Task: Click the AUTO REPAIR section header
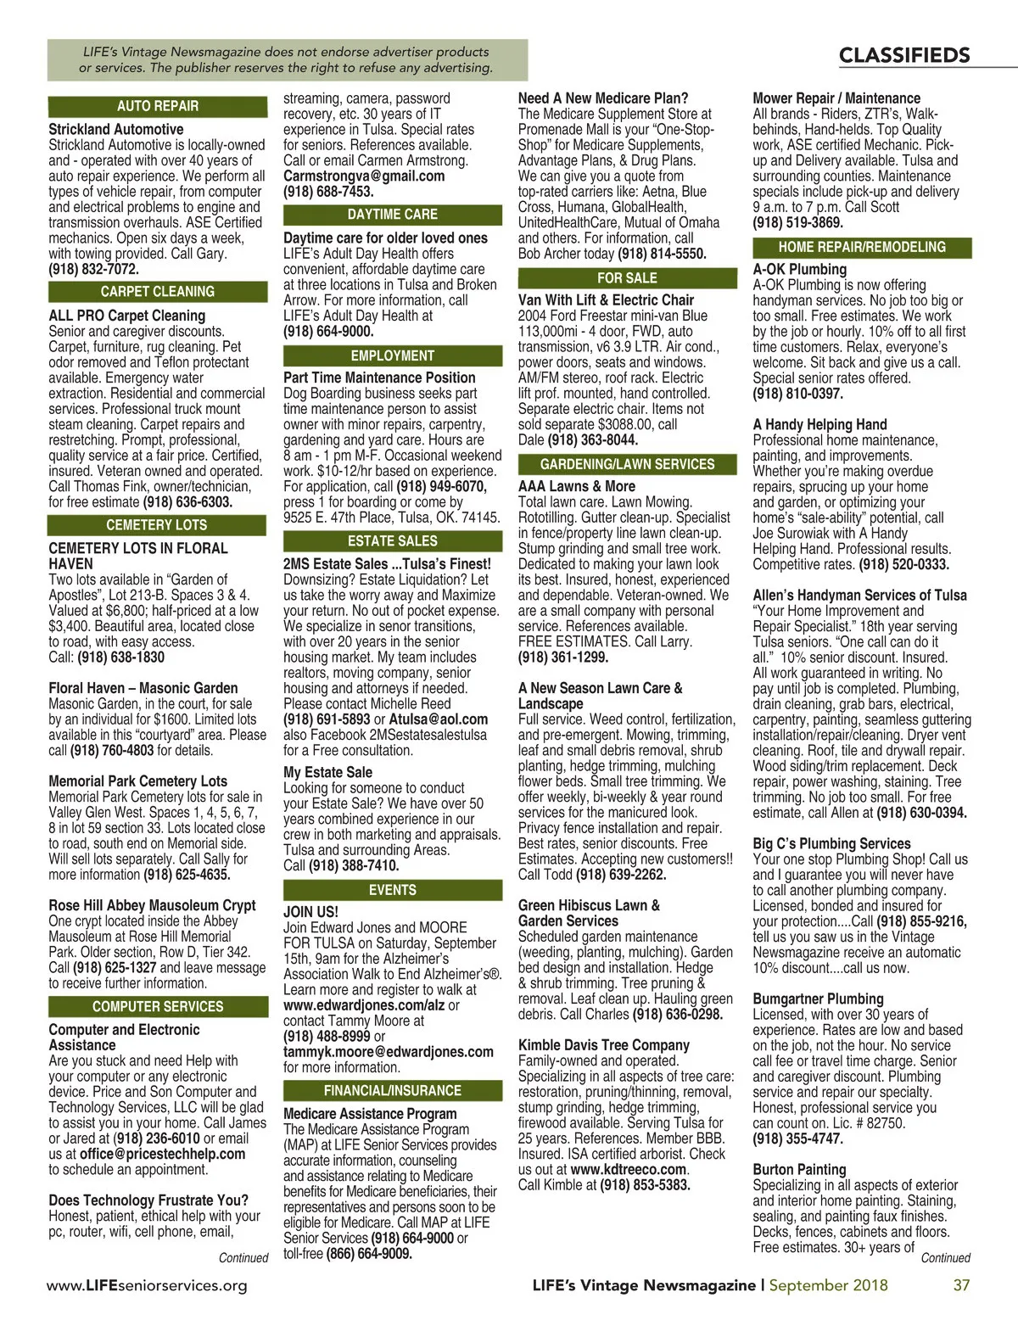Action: pos(157,106)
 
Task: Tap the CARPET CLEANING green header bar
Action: pos(157,291)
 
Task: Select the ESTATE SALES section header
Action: pos(392,540)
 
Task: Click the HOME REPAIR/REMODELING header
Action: pos(862,247)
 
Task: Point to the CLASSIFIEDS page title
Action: pos(903,56)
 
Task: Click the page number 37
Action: pos(961,1284)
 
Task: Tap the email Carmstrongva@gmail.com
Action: pos(364,176)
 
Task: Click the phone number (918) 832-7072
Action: pos(93,269)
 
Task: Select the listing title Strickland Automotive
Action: pos(115,129)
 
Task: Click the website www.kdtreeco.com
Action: pos(628,1169)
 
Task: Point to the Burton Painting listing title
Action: pos(799,1169)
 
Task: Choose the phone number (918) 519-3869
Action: pos(797,222)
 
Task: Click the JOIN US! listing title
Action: pos(310,912)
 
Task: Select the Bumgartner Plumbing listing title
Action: pos(818,999)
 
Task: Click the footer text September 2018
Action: pos(828,1284)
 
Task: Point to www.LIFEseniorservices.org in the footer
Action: pos(147,1285)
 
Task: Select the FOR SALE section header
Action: pos(627,277)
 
